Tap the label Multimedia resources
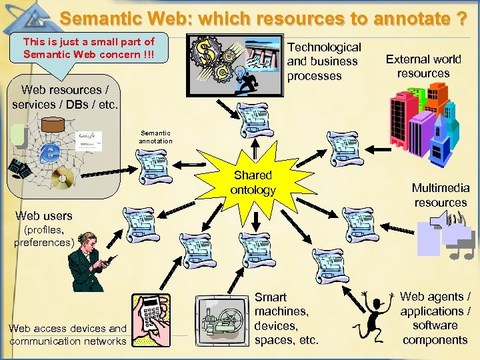(440, 195)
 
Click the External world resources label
(423, 67)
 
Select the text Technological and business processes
(323, 61)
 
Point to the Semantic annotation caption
(155, 137)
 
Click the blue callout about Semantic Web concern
(89, 47)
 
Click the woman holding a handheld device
(91, 263)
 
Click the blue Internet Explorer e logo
(49, 152)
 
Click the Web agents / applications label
(435, 318)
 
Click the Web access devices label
(67, 335)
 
